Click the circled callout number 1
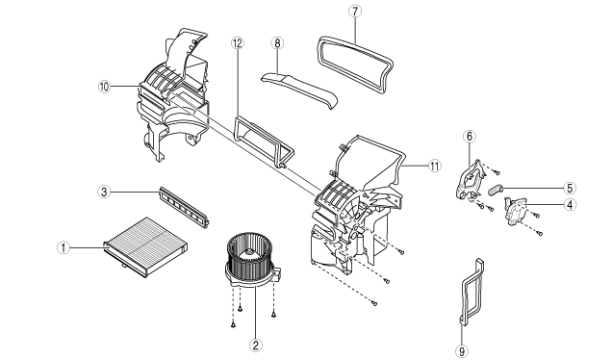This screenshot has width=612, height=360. click(64, 247)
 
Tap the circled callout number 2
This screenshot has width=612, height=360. click(256, 345)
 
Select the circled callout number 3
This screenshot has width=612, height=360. click(104, 192)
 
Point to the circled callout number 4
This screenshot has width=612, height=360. click(571, 204)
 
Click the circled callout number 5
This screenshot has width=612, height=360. click(570, 189)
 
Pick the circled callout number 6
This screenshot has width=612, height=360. click(470, 137)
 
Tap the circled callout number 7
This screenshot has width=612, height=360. click(355, 12)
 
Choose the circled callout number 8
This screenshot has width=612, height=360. click(277, 43)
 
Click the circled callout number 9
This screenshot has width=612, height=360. click(462, 350)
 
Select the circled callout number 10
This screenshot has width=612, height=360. click(104, 87)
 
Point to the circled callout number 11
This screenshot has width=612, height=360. click(434, 166)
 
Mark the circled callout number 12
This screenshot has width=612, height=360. click(238, 43)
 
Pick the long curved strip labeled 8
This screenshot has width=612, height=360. click(299, 89)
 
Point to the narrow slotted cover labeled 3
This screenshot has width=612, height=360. click(184, 207)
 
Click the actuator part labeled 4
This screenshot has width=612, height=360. click(516, 211)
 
